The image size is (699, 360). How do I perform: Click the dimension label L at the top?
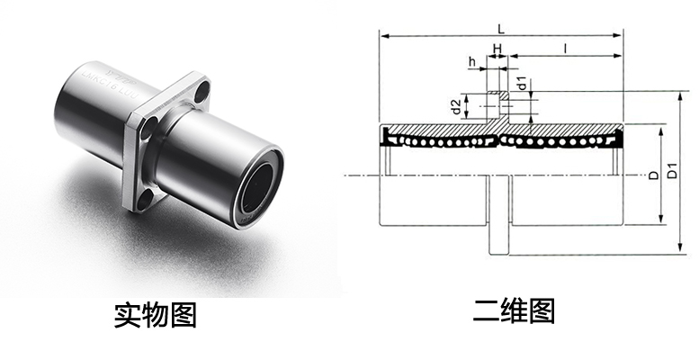coord(499,28)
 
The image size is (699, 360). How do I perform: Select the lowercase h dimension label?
coord(470,61)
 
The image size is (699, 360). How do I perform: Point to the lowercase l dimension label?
coord(565,46)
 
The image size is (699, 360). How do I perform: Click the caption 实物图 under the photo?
coord(155,315)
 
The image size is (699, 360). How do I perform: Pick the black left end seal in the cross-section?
coord(387,138)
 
